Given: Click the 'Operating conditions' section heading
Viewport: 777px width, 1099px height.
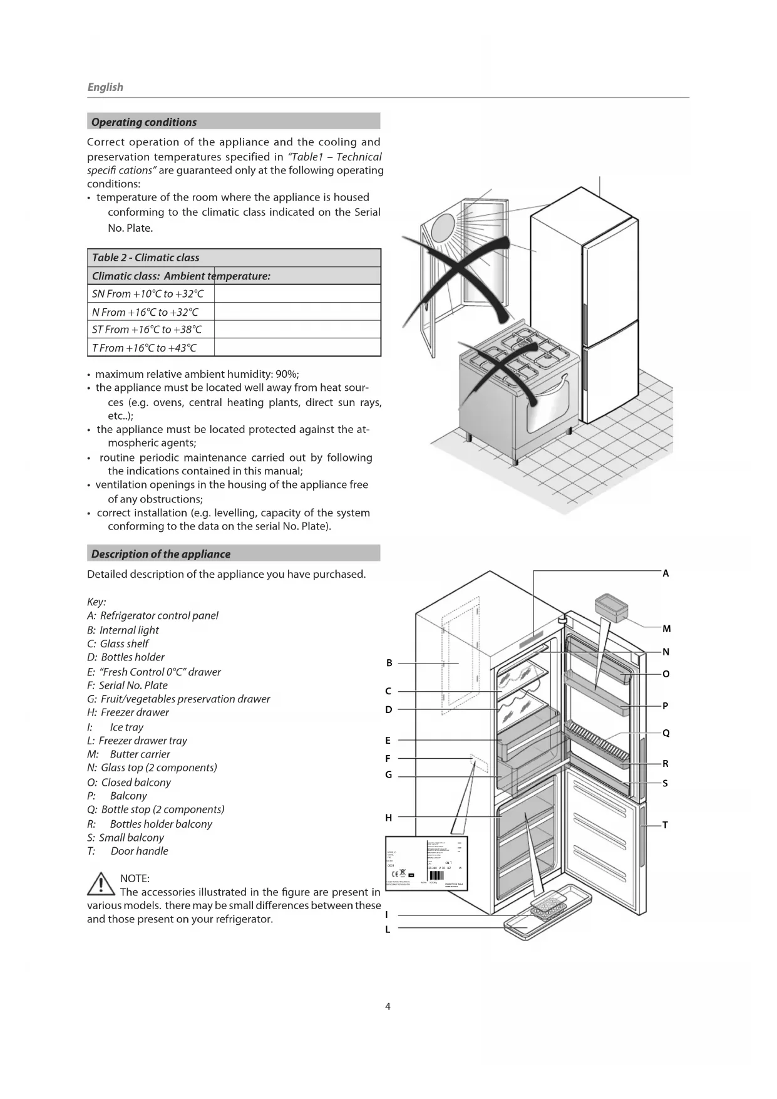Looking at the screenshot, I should click(144, 122).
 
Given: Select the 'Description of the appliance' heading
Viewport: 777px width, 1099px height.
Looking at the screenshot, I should click(161, 554).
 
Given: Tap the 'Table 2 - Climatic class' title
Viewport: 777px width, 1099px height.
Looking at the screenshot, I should click(146, 258).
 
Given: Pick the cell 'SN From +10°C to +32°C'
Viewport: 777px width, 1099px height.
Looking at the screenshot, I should click(148, 294).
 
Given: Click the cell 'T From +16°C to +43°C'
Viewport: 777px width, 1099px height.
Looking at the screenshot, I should click(145, 348).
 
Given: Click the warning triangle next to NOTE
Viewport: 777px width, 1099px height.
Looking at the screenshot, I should click(100, 884).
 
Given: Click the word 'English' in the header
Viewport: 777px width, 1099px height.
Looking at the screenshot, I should click(105, 87).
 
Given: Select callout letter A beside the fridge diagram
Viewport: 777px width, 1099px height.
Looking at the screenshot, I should click(666, 573).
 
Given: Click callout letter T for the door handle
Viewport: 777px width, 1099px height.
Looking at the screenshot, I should click(665, 825).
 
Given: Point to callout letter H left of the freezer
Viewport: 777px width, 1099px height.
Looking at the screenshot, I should click(388, 818).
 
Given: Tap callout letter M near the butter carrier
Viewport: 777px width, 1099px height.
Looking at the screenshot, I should click(666, 628).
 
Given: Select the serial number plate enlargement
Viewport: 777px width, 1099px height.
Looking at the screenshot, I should click(426, 863).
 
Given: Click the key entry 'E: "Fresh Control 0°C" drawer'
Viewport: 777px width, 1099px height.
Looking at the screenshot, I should click(154, 672).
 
